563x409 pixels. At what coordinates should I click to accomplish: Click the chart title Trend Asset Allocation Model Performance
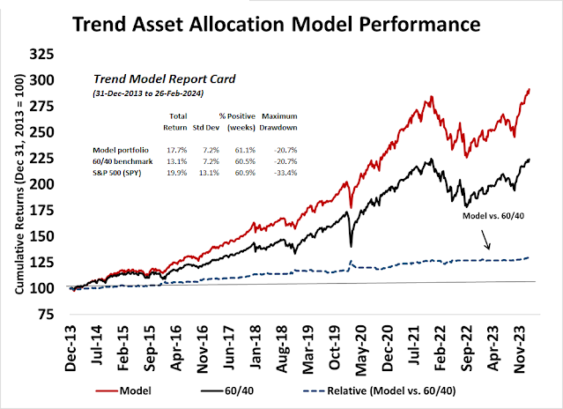(282, 21)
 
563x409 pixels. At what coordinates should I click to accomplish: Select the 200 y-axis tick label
(56, 183)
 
